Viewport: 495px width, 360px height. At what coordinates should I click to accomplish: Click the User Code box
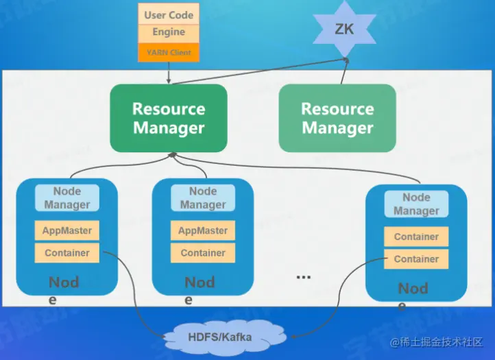coord(169,14)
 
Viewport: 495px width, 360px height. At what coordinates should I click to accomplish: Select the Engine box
coord(169,32)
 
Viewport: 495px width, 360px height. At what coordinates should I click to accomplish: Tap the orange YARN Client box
coord(169,52)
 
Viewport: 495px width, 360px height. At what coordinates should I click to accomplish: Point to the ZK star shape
coord(344,29)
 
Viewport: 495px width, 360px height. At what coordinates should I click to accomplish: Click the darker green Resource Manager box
coord(169,118)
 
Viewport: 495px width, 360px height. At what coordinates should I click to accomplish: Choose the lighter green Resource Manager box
coord(337,118)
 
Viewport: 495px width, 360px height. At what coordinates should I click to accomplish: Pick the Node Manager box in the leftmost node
coord(67,197)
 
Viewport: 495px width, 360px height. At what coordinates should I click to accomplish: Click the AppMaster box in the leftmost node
coord(67,230)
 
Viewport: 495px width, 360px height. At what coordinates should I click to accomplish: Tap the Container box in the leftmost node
coord(67,252)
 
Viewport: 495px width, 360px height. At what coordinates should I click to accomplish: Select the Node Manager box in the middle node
coord(203,197)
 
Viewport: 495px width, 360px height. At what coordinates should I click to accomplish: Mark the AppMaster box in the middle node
coord(203,230)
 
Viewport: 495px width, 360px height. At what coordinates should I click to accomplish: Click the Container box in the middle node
coord(203,252)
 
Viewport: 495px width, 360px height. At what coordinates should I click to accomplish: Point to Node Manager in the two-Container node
coord(416,204)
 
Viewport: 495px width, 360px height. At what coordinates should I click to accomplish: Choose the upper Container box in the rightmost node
coord(416,237)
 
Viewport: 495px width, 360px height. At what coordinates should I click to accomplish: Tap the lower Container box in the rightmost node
coord(416,259)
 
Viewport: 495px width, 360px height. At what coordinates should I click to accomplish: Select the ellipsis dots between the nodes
coord(303,277)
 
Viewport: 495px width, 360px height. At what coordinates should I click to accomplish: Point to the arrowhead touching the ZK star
coord(346,60)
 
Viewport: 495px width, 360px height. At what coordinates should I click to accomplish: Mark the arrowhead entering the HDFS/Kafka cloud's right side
coord(293,336)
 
